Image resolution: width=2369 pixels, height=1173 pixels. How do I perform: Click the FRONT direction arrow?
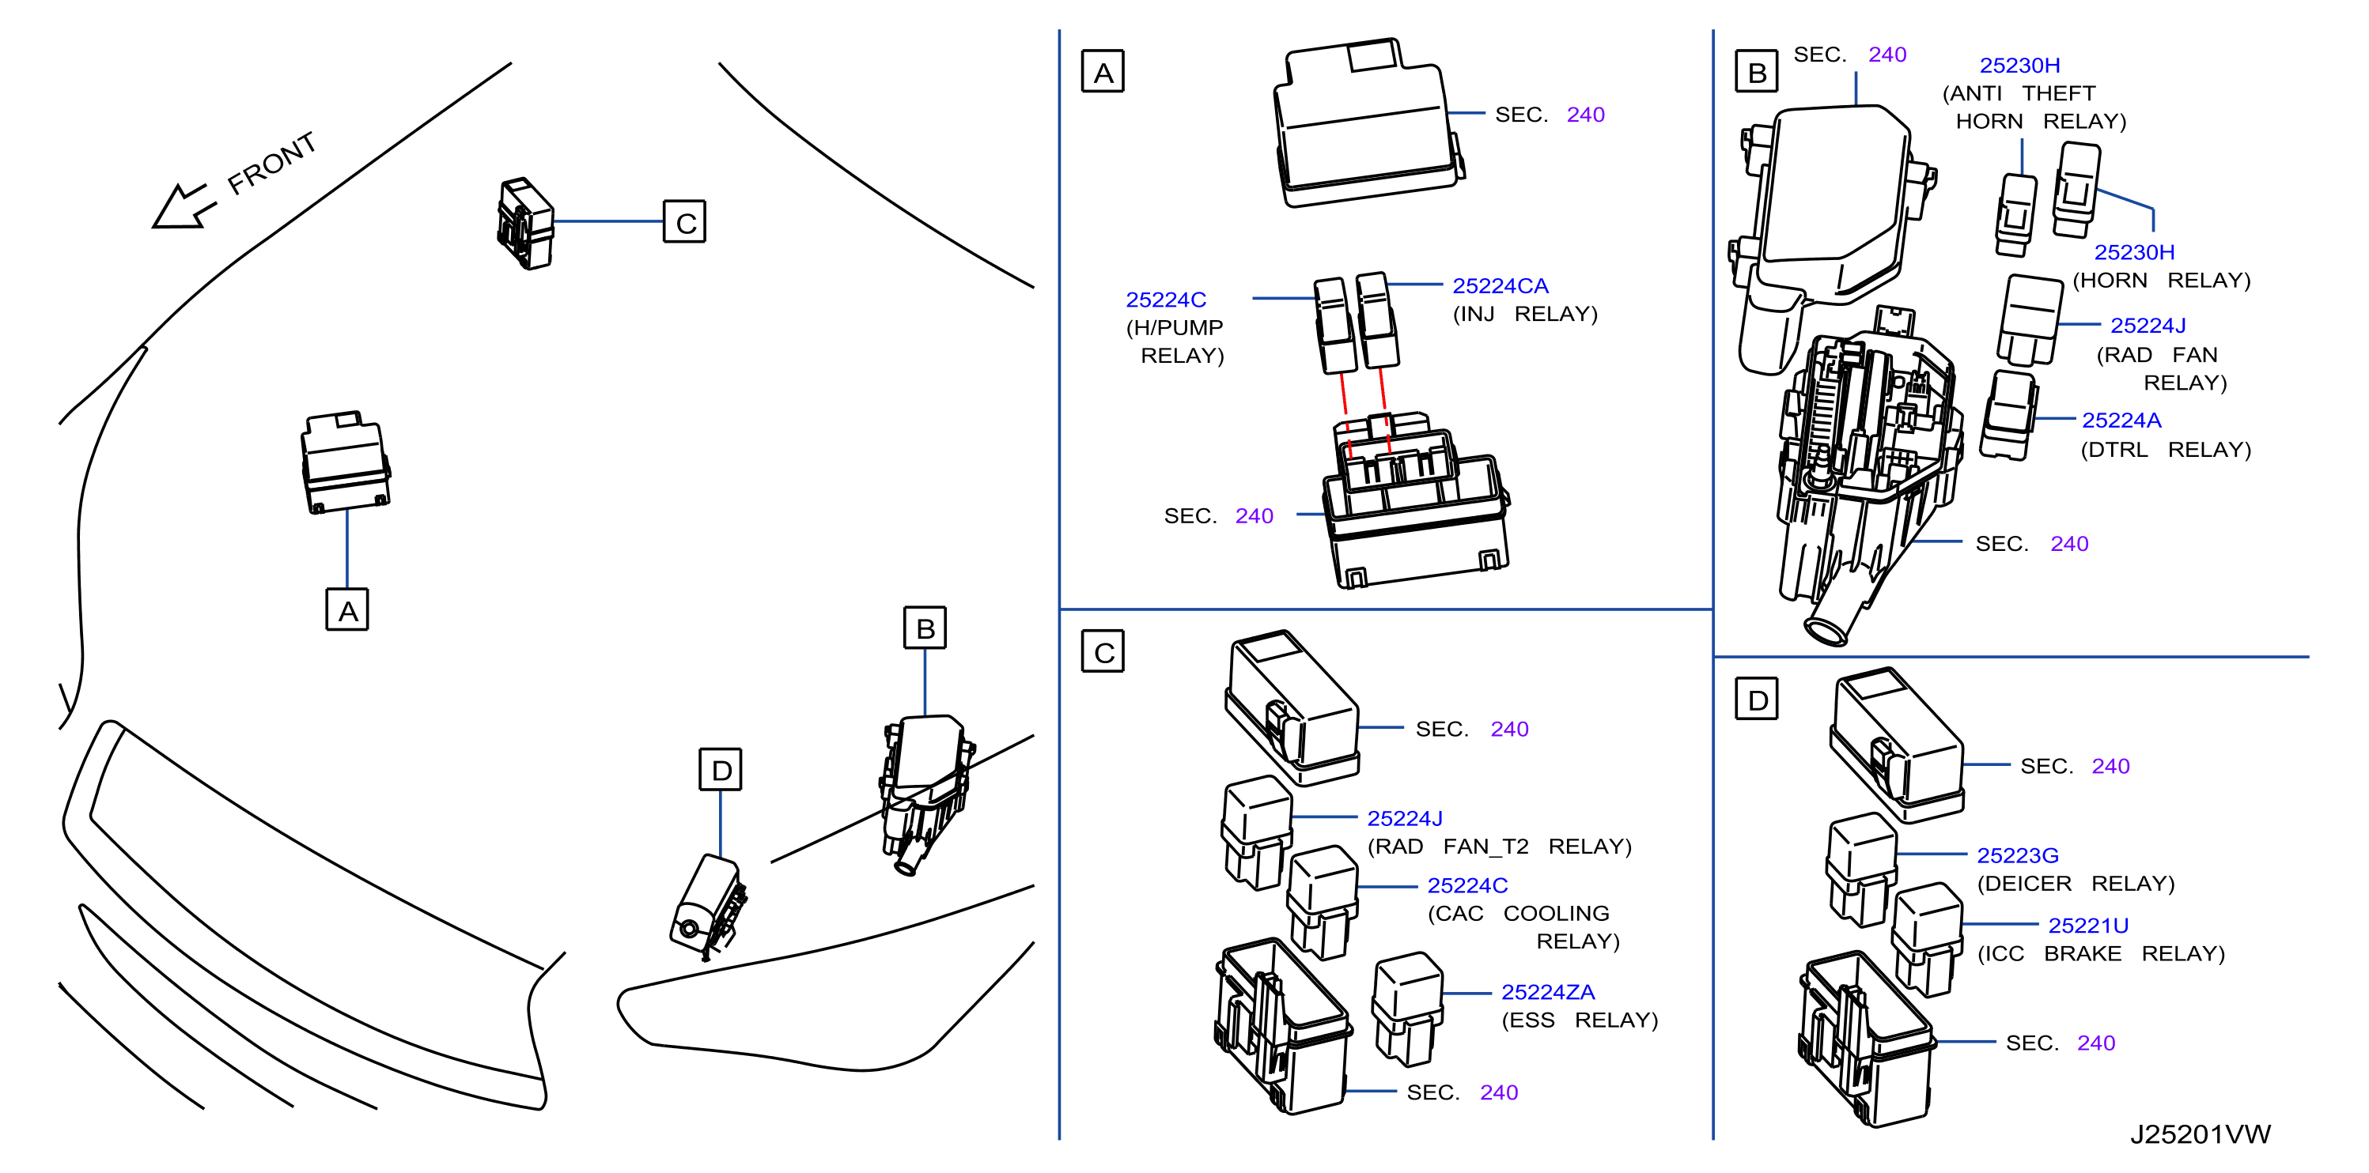184,206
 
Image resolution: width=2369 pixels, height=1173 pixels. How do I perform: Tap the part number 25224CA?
1500,286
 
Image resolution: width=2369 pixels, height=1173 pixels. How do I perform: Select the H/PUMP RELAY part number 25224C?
1165,300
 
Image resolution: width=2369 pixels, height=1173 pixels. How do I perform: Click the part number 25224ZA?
1548,992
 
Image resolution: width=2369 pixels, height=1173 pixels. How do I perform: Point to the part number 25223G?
2018,855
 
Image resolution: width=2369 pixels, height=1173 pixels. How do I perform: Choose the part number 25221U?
2087,925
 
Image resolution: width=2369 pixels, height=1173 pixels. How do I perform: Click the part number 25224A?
2121,420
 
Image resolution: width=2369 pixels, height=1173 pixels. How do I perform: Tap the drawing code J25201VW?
2200,1133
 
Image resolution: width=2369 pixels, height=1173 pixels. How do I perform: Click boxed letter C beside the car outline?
685,221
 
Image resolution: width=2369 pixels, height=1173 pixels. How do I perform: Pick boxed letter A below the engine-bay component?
346,609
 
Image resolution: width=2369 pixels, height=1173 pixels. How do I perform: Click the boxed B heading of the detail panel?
1757,72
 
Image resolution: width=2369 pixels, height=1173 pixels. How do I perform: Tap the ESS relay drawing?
1407,1009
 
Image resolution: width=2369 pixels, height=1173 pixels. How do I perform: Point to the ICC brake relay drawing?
1927,940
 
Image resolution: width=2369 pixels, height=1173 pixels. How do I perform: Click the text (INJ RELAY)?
1525,314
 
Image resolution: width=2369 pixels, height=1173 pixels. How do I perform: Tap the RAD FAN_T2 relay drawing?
1256,833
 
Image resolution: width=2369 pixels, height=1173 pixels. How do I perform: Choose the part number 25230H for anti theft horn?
2019,66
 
